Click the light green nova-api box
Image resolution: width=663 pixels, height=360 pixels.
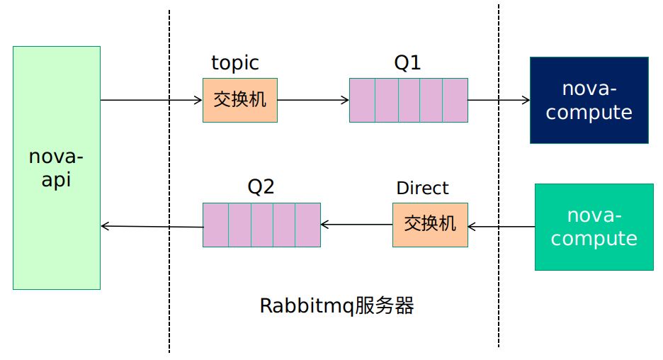[57, 168]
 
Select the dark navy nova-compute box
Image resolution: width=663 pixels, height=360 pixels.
[589, 101]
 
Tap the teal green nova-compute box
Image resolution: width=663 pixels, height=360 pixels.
[594, 227]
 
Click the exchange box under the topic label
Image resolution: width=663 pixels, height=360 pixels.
[240, 100]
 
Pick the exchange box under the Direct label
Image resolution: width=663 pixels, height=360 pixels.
[430, 225]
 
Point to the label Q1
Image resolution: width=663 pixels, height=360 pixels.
[407, 63]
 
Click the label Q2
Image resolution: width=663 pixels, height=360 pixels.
[261, 187]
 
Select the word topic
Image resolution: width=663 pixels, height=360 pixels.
[235, 63]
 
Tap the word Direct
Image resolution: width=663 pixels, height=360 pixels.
[422, 188]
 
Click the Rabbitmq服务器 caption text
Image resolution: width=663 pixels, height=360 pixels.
[336, 306]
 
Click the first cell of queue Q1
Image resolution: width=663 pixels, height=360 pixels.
[362, 100]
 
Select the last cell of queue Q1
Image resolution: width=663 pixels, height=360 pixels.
[455, 100]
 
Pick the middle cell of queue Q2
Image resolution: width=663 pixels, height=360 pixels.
[262, 225]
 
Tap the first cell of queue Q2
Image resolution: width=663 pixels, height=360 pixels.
[215, 225]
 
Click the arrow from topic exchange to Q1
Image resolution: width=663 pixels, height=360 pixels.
[313, 100]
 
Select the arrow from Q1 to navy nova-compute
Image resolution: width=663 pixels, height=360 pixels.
[499, 100]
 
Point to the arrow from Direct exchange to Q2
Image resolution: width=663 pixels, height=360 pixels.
[356, 225]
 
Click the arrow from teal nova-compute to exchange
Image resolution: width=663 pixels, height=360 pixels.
[501, 227]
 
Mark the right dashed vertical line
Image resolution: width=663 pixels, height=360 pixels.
[499, 283]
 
